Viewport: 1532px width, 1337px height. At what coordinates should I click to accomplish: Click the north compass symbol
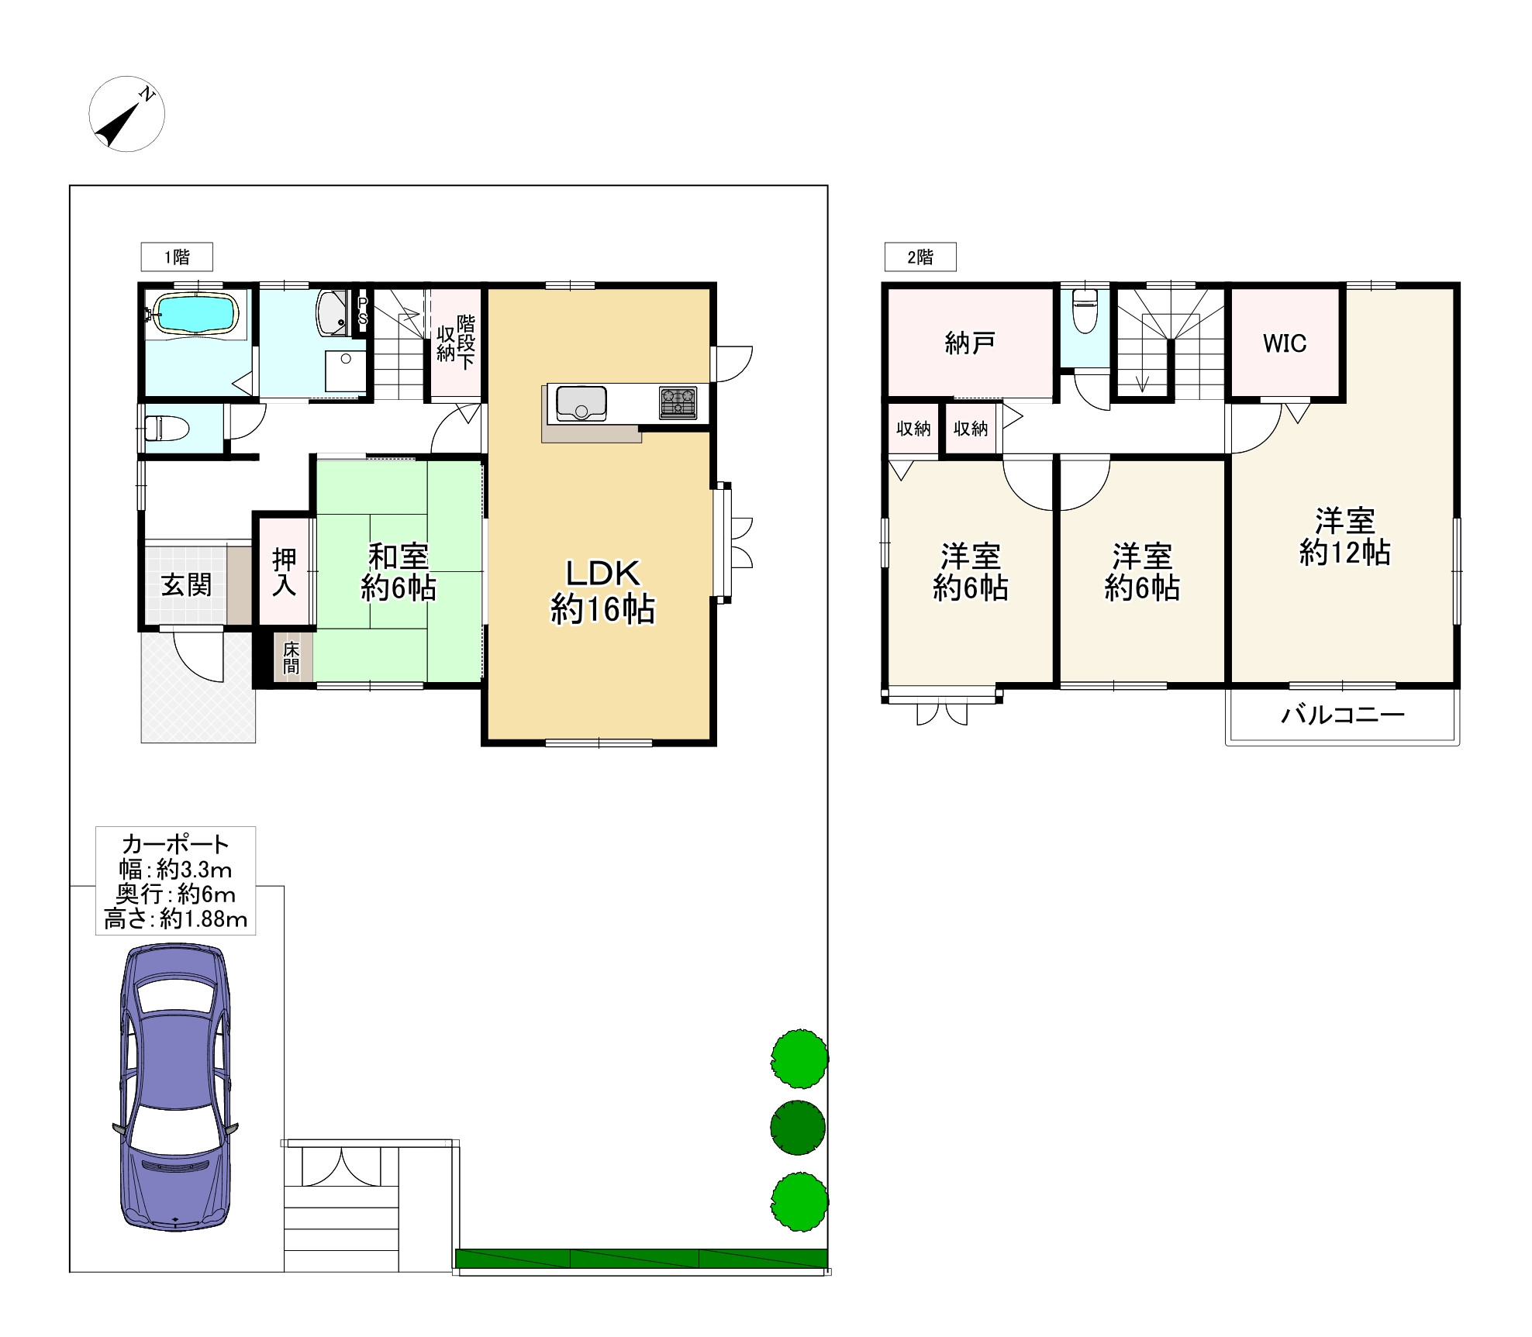(126, 114)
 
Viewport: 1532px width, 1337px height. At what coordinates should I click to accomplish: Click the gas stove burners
(678, 403)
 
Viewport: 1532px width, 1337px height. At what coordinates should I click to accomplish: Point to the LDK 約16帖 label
(602, 591)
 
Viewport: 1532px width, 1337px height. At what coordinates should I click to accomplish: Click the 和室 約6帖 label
(399, 572)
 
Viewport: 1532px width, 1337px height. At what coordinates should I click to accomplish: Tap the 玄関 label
(186, 584)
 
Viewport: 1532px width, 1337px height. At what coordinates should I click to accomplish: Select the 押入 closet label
(285, 572)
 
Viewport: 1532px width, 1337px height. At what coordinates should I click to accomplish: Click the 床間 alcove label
(292, 657)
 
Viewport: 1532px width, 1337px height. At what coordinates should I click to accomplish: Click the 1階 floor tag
(177, 257)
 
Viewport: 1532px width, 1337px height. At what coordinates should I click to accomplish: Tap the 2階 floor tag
(920, 257)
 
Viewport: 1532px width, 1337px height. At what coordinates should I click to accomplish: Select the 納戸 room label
(970, 343)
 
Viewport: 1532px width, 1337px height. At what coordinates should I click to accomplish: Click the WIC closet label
(1285, 343)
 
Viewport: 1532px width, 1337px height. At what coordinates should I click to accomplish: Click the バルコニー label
(1343, 714)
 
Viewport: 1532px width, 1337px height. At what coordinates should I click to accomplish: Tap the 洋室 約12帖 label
(1345, 536)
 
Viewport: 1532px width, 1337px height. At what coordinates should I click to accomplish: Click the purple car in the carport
(176, 1087)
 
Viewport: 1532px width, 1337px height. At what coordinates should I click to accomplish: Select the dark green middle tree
(798, 1127)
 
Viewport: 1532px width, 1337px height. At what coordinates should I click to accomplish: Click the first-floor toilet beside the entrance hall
(167, 428)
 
